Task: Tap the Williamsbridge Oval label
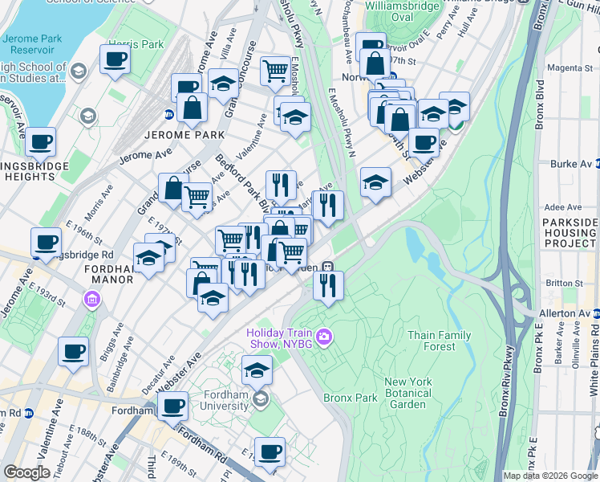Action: tap(400, 11)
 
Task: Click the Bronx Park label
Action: tap(350, 398)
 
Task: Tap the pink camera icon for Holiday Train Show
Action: tap(325, 336)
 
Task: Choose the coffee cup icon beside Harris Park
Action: tap(115, 59)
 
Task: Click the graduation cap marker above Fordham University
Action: tap(257, 370)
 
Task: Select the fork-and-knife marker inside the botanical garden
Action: tap(328, 285)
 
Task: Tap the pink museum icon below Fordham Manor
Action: tap(92, 300)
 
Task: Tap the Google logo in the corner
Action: tap(26, 472)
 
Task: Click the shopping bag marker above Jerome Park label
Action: tap(193, 107)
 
